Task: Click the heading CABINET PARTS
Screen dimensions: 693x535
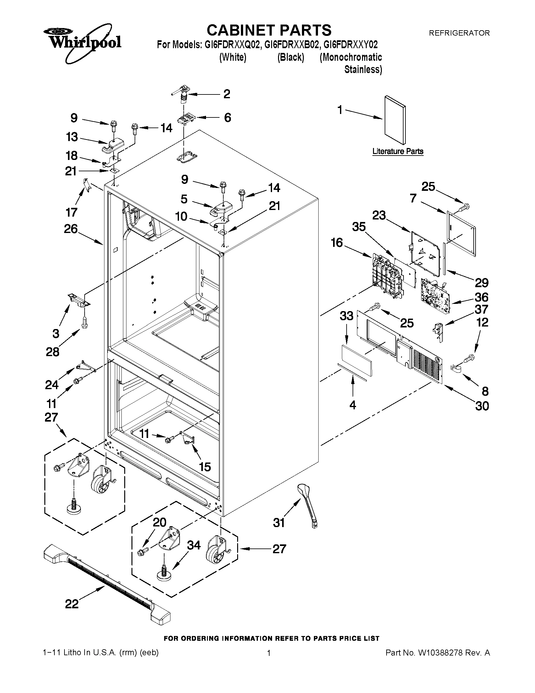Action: pyautogui.click(x=269, y=31)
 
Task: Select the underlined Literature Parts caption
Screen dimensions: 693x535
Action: pyautogui.click(x=398, y=151)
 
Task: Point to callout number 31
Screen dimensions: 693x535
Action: pyautogui.click(x=279, y=523)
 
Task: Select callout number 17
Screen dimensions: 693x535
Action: pyautogui.click(x=71, y=212)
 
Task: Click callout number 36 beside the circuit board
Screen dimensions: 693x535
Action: pyautogui.click(x=481, y=297)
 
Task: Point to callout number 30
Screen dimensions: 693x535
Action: pyautogui.click(x=482, y=406)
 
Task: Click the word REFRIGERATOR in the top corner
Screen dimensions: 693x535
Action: pyautogui.click(x=459, y=33)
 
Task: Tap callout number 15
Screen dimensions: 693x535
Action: pyautogui.click(x=205, y=467)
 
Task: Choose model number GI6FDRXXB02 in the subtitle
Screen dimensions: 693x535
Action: pyautogui.click(x=291, y=45)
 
